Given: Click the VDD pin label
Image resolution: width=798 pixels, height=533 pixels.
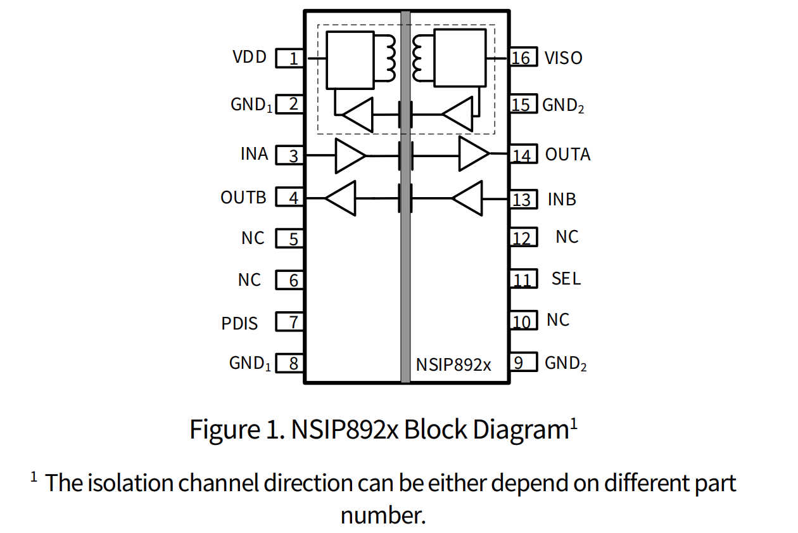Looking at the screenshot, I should coord(250,57).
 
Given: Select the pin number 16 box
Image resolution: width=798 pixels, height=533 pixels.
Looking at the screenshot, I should coord(522,58).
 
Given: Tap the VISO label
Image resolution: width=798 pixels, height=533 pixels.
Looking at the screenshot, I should coord(563,58).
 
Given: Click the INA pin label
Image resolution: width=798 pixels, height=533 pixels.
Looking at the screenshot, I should coord(255,154).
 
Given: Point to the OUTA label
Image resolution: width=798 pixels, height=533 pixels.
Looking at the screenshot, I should coord(567,155).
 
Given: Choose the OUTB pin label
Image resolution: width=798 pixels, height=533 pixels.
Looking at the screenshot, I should coord(243,198).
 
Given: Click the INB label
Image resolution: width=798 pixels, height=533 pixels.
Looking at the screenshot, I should coord(562,200).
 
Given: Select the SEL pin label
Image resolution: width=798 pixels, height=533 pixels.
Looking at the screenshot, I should coord(566,279).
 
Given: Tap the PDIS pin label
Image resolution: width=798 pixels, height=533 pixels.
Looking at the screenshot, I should coord(239,323).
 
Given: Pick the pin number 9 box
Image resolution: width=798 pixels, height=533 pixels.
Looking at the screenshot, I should coord(522,363).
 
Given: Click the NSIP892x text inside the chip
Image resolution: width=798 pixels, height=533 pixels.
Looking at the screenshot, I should coord(453,365).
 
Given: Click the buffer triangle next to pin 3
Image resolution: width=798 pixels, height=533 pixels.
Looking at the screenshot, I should coord(350,155).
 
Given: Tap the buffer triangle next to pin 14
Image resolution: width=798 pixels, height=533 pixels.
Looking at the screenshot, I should coord(473,154).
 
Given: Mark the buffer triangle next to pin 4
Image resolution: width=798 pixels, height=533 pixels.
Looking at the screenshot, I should coord(341,198).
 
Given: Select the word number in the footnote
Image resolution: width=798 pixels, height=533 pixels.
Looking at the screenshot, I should coord(381,514).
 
